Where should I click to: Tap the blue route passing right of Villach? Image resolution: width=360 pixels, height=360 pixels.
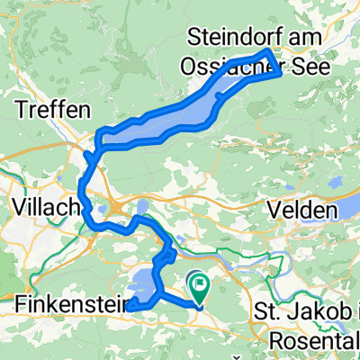click(x=83, y=193)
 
